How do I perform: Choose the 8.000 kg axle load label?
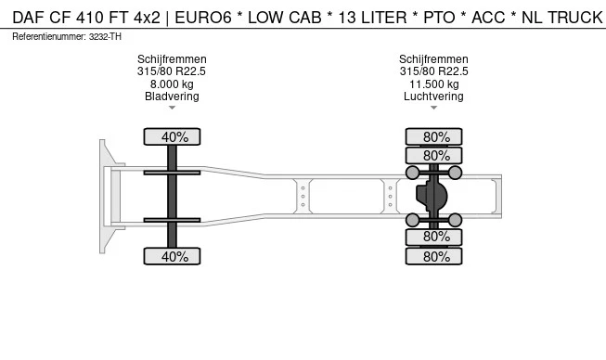point(172,84)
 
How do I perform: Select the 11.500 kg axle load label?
point(433,84)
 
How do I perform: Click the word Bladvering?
point(172,96)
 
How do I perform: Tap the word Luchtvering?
point(433,96)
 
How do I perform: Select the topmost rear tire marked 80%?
point(436,137)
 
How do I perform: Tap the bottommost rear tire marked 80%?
point(436,255)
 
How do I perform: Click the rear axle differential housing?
point(432,196)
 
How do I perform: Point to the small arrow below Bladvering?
point(172,109)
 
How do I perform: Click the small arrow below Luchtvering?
point(433,109)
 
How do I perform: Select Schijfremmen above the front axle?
point(172,59)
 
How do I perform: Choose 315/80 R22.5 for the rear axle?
point(433,71)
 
